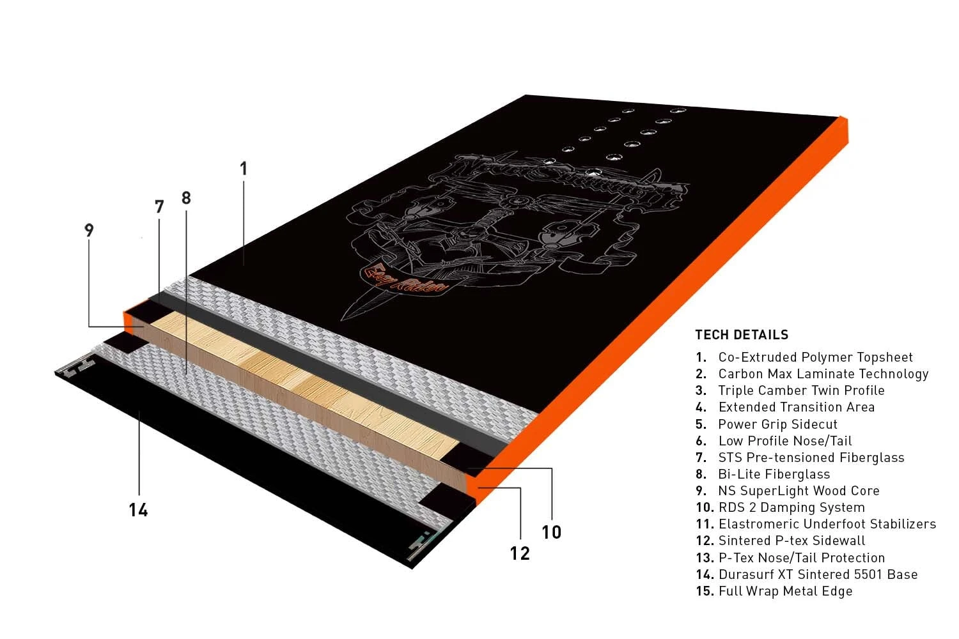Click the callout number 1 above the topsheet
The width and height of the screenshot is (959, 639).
click(244, 169)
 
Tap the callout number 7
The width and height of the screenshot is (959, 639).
click(159, 207)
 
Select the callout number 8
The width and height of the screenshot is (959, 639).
click(186, 197)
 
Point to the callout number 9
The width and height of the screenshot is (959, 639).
click(89, 230)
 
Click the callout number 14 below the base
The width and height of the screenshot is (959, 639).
click(138, 510)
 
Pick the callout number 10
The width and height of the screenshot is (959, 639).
click(551, 532)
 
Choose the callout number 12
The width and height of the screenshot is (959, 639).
click(520, 554)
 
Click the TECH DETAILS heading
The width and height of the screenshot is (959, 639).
click(742, 335)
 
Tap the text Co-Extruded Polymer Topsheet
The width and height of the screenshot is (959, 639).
click(815, 357)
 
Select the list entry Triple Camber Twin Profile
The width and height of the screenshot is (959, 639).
click(801, 390)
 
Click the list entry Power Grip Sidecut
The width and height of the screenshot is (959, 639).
click(777, 424)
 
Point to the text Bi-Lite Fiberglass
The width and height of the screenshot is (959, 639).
click(774, 474)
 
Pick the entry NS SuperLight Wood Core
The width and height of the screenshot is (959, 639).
click(799, 491)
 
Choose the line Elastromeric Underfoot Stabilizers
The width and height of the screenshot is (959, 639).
click(827, 524)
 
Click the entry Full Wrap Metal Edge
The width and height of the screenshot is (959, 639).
click(786, 591)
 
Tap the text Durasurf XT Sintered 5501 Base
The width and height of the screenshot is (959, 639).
click(818, 574)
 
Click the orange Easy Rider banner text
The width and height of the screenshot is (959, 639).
click(405, 279)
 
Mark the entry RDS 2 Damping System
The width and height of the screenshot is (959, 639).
click(791, 507)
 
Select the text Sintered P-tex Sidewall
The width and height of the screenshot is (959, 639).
click(791, 541)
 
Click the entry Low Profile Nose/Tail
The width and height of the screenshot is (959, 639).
click(784, 441)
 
